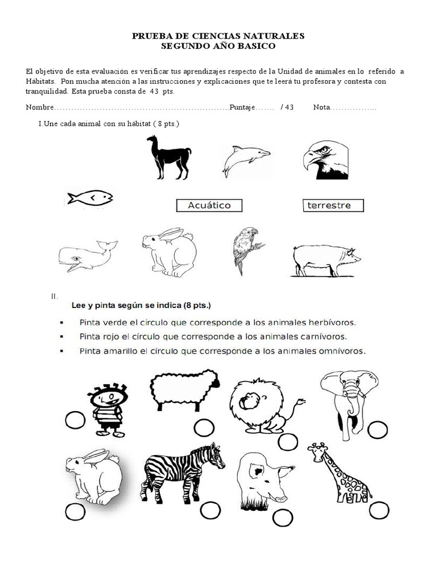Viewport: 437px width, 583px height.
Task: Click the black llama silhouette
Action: pyautogui.click(x=168, y=157)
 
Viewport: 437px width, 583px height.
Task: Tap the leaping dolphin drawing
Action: pyautogui.click(x=245, y=159)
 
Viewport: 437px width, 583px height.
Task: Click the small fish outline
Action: pyautogui.click(x=90, y=198)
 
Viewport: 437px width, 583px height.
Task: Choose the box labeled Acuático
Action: pyautogui.click(x=209, y=206)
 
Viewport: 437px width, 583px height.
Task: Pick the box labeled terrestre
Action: pyautogui.click(x=333, y=206)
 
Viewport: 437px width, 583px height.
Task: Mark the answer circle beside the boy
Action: pyautogui.click(x=75, y=421)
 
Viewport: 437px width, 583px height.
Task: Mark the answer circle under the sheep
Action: pyautogui.click(x=204, y=428)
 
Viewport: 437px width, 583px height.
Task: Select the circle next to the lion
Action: pyautogui.click(x=288, y=441)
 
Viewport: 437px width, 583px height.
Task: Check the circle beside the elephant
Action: pyautogui.click(x=377, y=430)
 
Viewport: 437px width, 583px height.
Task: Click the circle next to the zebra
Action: pyautogui.click(x=210, y=510)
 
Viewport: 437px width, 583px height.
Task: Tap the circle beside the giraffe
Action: pyautogui.click(x=379, y=510)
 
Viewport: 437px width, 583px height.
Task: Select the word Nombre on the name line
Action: pyautogui.click(x=39, y=108)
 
